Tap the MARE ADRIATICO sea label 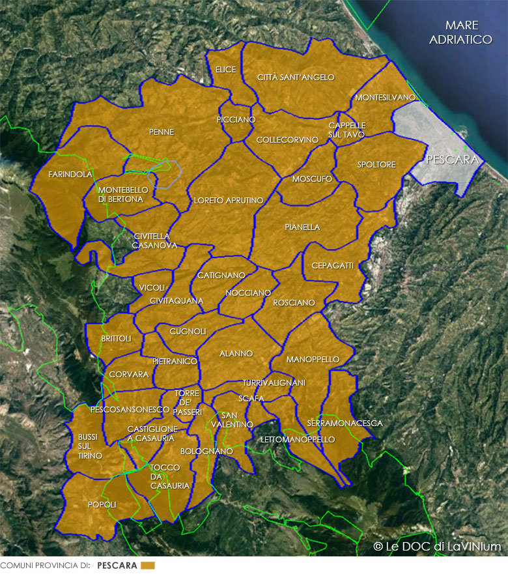click(x=461, y=33)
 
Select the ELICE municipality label click(x=225, y=69)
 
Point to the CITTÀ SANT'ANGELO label click(x=296, y=77)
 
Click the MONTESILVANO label click(x=385, y=98)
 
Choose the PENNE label click(x=162, y=132)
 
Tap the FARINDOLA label click(x=70, y=175)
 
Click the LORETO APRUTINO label click(x=228, y=200)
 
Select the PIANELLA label click(x=302, y=227)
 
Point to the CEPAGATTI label click(x=332, y=266)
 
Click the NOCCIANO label click(x=247, y=293)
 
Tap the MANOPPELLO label click(x=313, y=359)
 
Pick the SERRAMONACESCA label click(x=345, y=423)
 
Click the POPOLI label click(x=102, y=504)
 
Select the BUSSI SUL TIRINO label click(x=90, y=446)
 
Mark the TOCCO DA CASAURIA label click(x=169, y=476)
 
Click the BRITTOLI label click(x=116, y=338)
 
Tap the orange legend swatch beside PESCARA click(x=148, y=565)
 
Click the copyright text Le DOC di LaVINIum click(x=437, y=546)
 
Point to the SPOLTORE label click(x=376, y=165)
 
